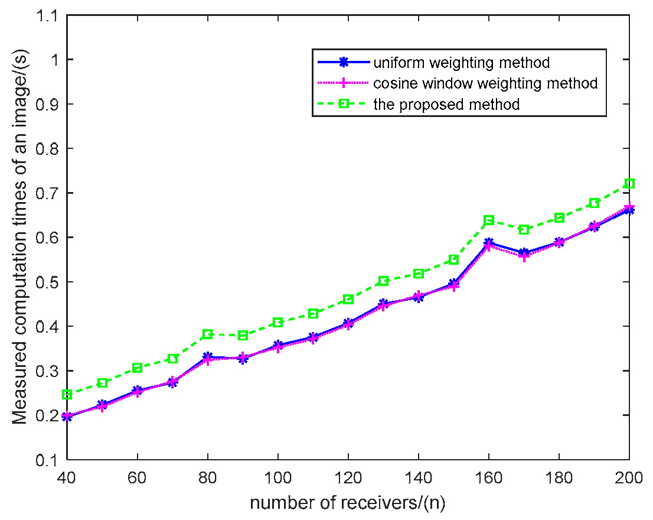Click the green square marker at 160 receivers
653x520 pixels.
pos(489,220)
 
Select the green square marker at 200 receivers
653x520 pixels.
pos(629,184)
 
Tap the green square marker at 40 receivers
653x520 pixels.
pos(67,394)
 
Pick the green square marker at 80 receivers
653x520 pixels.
pos(208,334)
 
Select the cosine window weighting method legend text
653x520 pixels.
pos(485,83)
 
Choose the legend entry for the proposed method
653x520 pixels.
pos(446,105)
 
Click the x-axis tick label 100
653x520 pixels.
pos(278,476)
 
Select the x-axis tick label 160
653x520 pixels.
pos(489,476)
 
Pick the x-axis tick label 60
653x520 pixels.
pos(138,476)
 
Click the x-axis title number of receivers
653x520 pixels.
pos(348,503)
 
